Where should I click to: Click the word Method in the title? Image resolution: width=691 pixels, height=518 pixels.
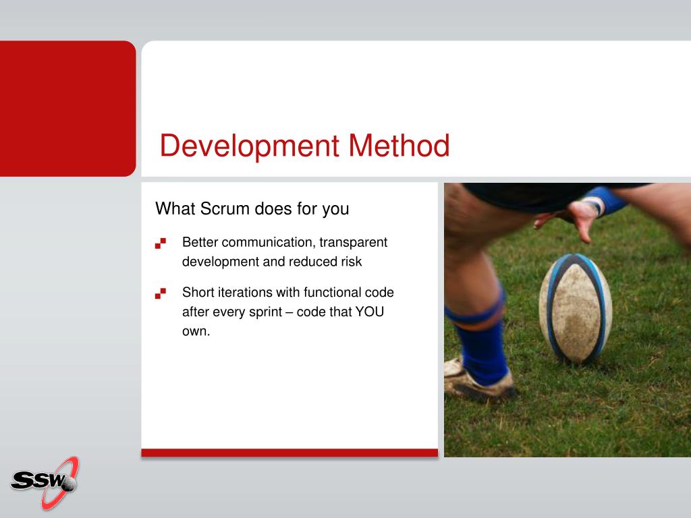(399, 145)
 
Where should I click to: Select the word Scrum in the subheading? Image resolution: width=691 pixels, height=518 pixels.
(225, 208)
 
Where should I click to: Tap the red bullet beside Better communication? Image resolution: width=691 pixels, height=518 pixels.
(161, 243)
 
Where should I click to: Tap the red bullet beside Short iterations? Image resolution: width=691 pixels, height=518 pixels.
(161, 293)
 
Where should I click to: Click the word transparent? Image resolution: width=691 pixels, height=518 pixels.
(353, 243)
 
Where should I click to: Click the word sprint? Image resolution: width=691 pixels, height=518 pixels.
(265, 312)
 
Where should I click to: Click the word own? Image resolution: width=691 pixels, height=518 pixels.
(196, 331)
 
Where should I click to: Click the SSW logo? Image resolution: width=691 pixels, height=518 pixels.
(45, 483)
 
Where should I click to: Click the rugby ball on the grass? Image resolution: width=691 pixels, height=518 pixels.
(575, 308)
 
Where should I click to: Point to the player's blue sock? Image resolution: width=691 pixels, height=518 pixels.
(481, 347)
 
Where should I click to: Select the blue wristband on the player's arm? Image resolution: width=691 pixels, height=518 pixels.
(607, 200)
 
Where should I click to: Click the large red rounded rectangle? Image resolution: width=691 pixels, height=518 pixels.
(68, 109)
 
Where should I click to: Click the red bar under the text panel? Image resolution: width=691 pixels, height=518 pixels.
(289, 453)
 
